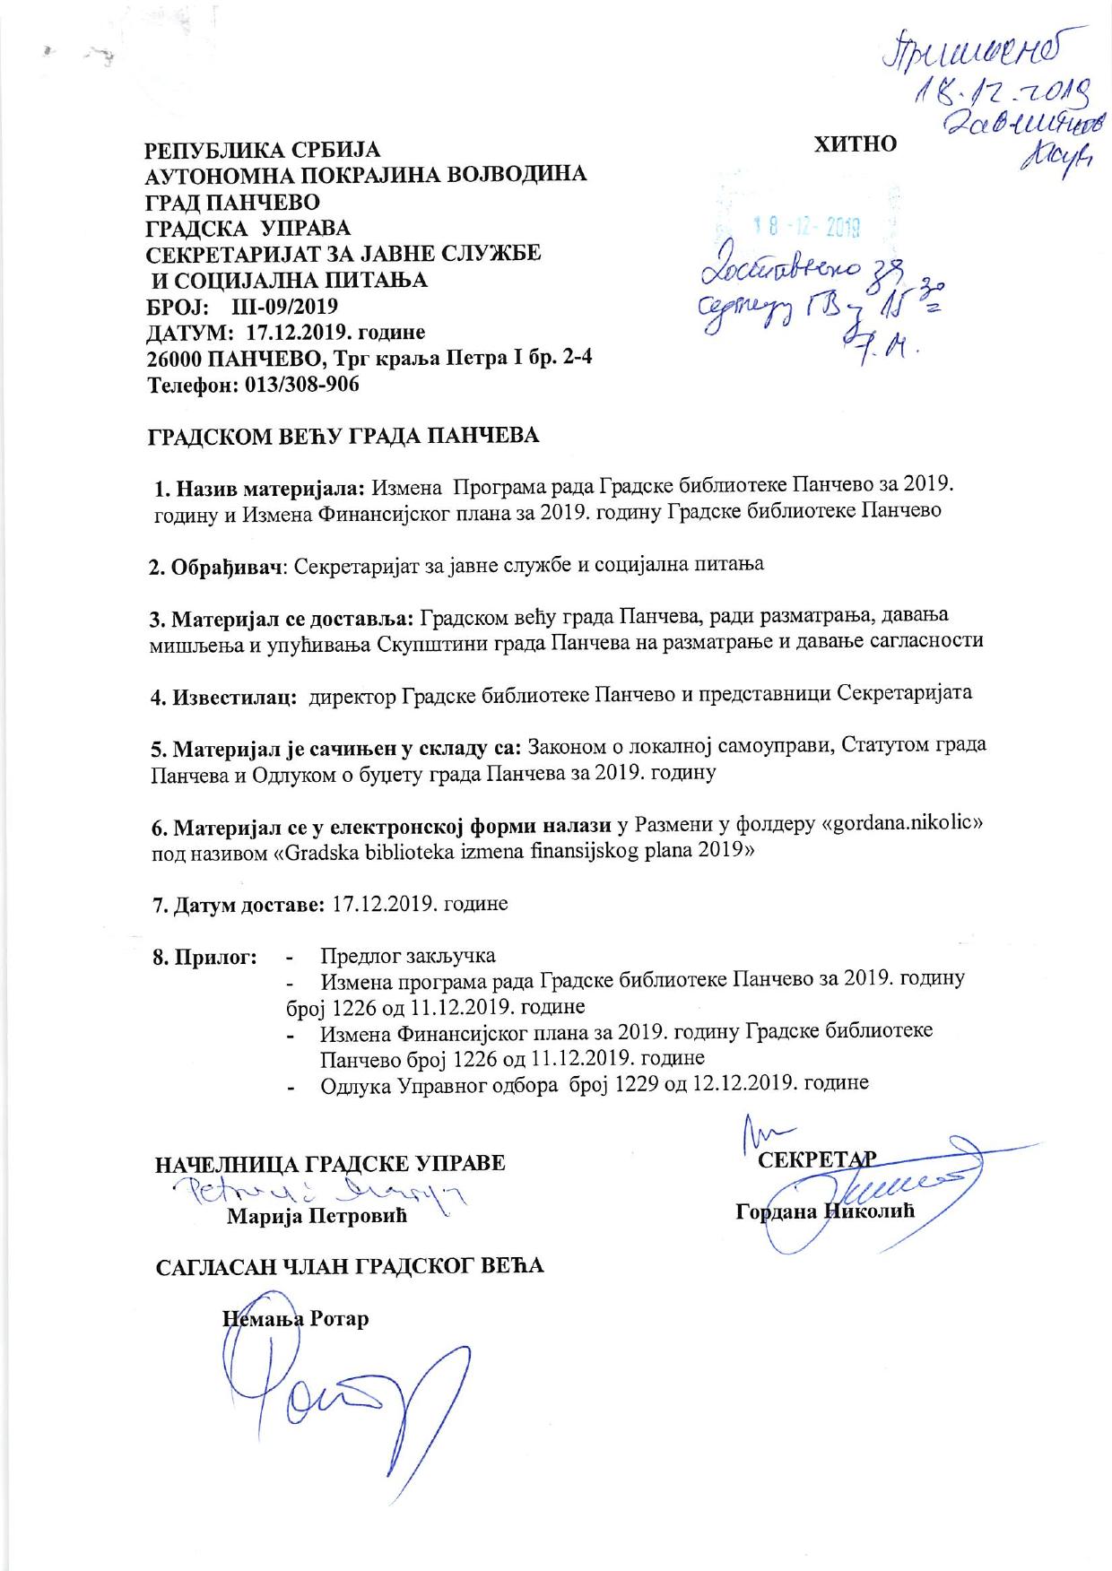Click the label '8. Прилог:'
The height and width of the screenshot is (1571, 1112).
coord(206,957)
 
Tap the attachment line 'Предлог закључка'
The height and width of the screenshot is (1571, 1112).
coord(408,956)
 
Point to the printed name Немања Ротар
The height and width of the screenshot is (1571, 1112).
coord(296,1319)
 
